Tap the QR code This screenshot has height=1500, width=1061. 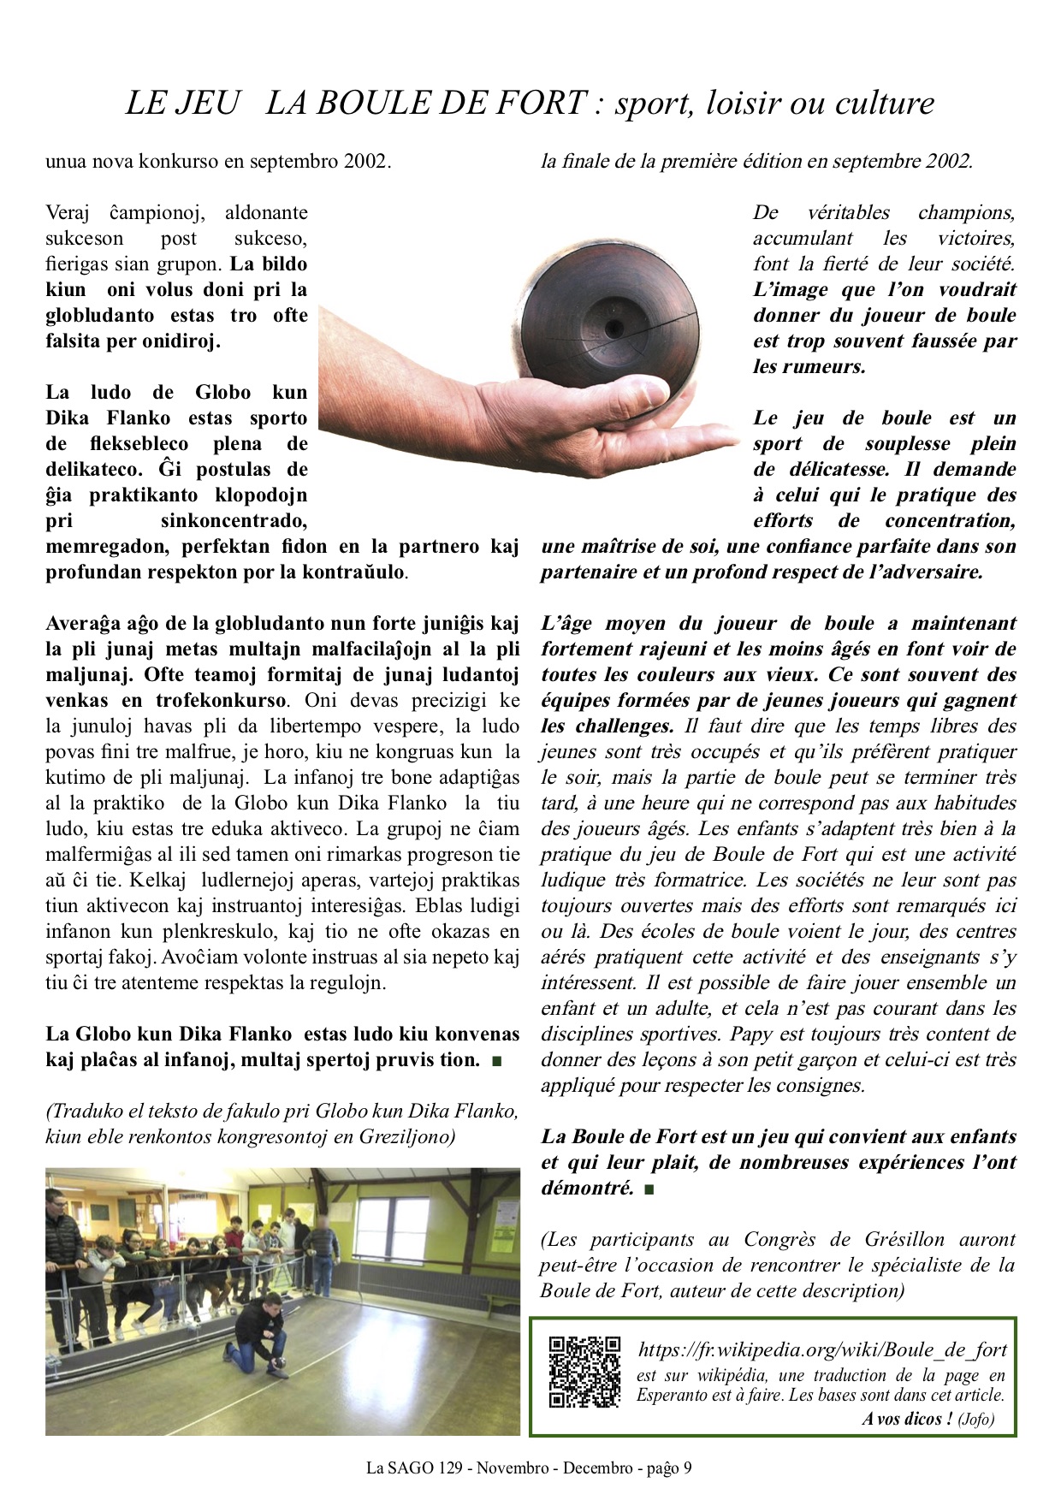click(x=584, y=1372)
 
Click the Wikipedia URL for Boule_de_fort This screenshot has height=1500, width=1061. click(x=821, y=1349)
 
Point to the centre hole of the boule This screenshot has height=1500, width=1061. click(x=613, y=328)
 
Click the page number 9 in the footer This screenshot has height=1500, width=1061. click(x=687, y=1468)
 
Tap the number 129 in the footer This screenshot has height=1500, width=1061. click(x=450, y=1468)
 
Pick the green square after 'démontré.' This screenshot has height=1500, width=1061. click(x=649, y=1189)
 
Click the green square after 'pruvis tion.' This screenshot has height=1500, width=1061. click(x=497, y=1061)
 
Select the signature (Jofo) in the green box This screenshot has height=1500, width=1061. click(x=976, y=1419)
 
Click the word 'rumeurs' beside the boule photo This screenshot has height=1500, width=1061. click(x=821, y=367)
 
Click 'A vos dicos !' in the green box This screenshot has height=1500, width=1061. click(x=906, y=1419)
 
